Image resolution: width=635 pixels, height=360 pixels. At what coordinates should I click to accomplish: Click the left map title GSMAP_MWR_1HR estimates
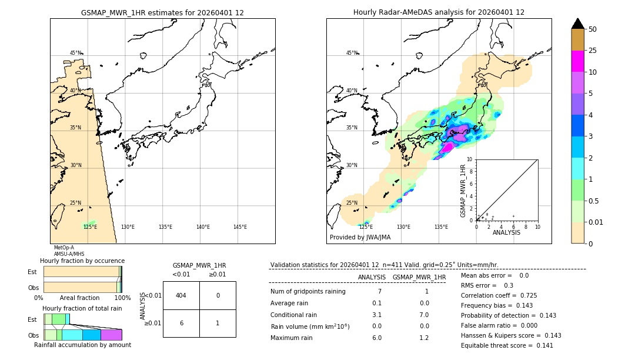(x=162, y=12)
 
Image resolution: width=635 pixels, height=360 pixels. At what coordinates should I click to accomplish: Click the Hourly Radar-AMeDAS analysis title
(x=439, y=12)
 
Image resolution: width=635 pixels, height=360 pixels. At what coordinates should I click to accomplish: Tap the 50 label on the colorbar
(x=593, y=29)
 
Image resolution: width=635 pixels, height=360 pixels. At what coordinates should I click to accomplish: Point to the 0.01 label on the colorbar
(x=596, y=222)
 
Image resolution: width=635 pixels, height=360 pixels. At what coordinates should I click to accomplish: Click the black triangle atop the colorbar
(x=578, y=24)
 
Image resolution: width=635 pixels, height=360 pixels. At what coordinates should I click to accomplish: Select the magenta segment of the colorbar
(x=578, y=61)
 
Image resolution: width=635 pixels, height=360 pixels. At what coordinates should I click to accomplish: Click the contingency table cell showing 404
(x=181, y=295)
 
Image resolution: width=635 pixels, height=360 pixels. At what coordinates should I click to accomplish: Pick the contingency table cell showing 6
(x=181, y=323)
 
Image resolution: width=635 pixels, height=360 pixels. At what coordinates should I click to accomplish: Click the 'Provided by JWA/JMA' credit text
(x=360, y=238)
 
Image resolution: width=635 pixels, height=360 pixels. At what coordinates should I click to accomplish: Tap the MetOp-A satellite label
(x=64, y=248)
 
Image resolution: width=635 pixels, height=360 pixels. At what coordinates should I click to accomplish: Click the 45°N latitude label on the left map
(x=76, y=53)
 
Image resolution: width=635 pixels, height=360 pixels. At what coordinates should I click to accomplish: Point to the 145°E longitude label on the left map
(x=240, y=227)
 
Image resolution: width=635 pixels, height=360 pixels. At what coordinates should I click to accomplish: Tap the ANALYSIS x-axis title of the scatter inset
(x=506, y=232)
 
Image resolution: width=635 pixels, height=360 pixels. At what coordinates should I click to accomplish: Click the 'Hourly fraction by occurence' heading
(x=82, y=261)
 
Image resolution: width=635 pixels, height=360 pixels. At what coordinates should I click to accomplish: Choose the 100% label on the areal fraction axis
(x=122, y=298)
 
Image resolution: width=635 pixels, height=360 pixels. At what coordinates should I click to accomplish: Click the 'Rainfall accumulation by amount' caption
(x=82, y=345)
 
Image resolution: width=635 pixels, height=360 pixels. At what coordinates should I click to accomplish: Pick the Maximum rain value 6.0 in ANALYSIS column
(x=377, y=338)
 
